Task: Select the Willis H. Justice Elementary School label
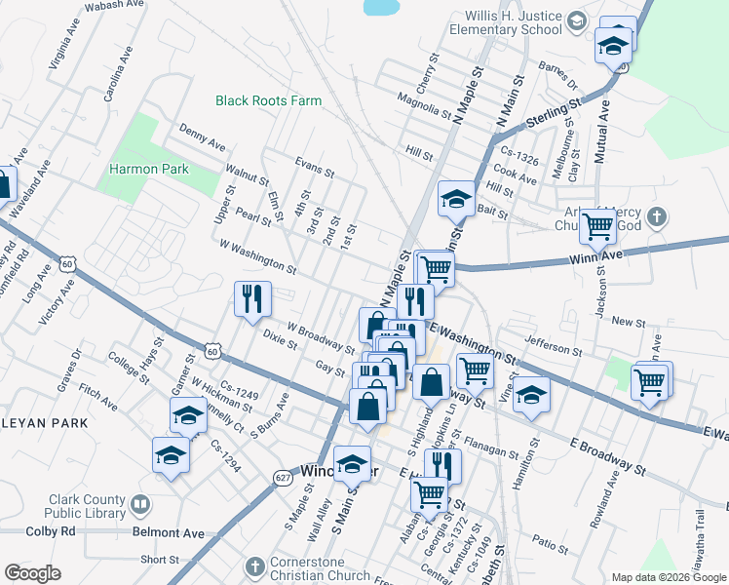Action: pos(500,22)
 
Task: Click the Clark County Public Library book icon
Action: pos(140,505)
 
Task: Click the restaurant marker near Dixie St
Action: pos(252,298)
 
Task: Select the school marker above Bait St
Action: pos(455,199)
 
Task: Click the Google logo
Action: pos(31,573)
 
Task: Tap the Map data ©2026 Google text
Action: pos(668,576)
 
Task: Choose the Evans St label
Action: pos(315,167)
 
